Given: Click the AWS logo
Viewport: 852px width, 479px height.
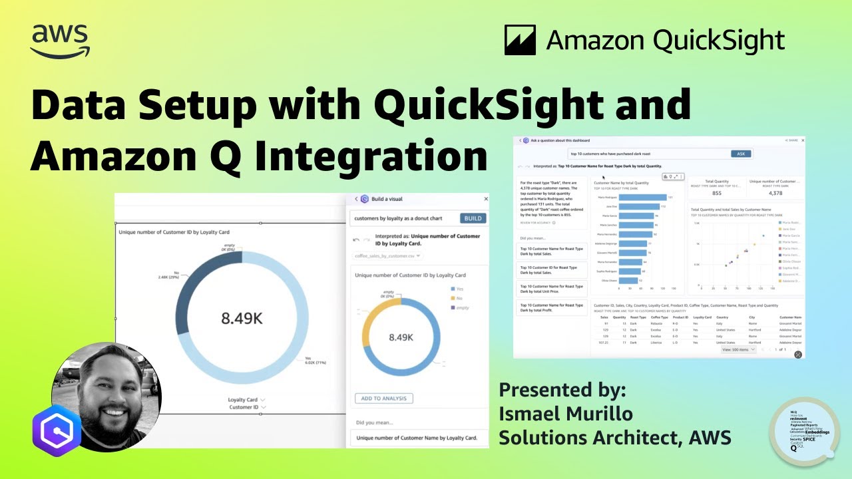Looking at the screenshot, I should pyautogui.click(x=60, y=41).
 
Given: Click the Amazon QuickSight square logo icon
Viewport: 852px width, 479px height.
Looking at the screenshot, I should pyautogui.click(x=520, y=41).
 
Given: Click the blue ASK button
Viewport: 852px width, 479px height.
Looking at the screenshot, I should pyautogui.click(x=741, y=154).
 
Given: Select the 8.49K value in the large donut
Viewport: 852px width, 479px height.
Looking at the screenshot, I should pyautogui.click(x=242, y=319).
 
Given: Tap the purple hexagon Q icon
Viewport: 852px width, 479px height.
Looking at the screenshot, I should pyautogui.click(x=57, y=430).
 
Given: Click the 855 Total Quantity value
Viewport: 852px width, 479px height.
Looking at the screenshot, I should pyautogui.click(x=716, y=193).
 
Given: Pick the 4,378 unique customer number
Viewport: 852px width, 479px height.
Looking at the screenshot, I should pyautogui.click(x=775, y=193).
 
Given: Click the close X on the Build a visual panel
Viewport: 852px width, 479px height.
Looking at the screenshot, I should pyautogui.click(x=485, y=198).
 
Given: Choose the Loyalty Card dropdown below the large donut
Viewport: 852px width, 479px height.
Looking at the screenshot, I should pyautogui.click(x=247, y=400).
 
